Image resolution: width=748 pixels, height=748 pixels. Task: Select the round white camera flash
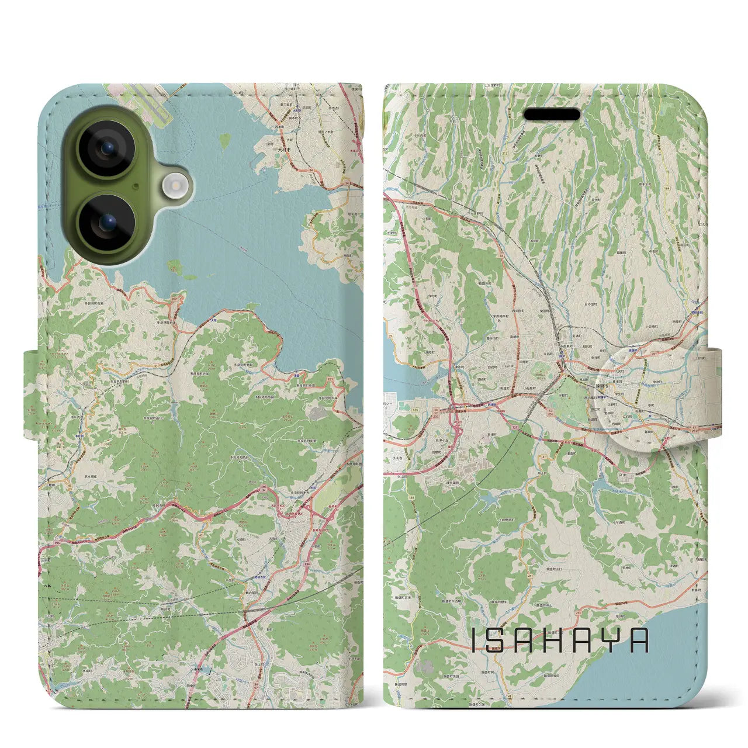point(174,186)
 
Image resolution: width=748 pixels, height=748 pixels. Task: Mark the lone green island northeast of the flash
point(224,140)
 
